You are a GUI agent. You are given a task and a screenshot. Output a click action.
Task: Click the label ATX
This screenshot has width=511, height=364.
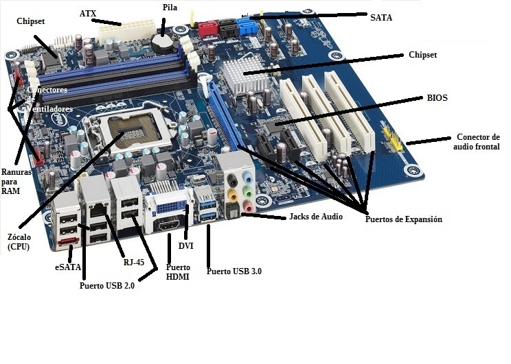88,14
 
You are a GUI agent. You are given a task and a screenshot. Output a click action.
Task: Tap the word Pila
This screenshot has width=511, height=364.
170,8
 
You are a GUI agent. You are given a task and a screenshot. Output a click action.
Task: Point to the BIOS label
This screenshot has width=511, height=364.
437,98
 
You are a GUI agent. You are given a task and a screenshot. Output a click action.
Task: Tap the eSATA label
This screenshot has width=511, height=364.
67,267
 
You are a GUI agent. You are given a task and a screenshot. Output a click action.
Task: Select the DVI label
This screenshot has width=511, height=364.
186,245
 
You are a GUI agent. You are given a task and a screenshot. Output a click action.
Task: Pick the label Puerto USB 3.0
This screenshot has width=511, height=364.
234,271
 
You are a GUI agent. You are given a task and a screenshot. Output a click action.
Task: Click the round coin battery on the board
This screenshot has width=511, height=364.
162,43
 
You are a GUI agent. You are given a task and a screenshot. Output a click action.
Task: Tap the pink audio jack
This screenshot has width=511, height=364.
249,204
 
